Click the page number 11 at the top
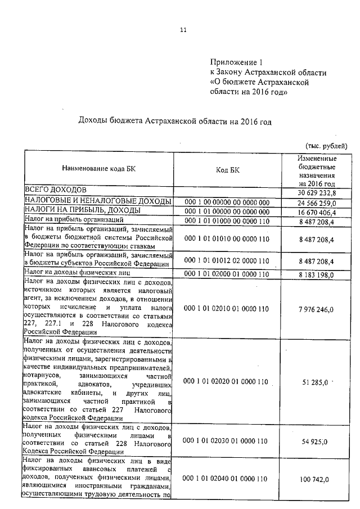183,30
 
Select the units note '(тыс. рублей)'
326,144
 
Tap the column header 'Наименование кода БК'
98,169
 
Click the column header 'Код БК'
228,170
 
